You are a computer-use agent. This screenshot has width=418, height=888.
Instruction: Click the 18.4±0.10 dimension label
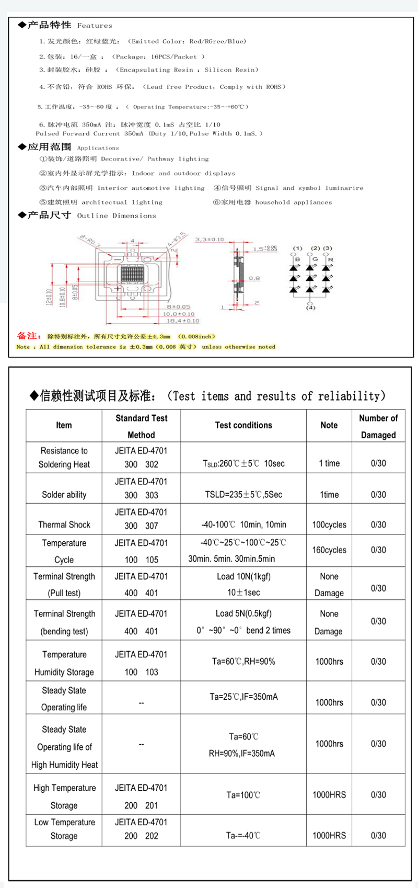pos(183,321)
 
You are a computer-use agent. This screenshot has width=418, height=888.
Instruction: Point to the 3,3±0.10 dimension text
pos(210,240)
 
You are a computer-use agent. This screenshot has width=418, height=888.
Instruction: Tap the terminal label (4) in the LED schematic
pos(310,308)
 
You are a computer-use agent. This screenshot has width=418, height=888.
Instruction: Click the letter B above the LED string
pos(298,259)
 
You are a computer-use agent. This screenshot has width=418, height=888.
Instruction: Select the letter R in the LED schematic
pos(330,259)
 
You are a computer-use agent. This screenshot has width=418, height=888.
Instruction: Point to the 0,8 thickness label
pos(254,278)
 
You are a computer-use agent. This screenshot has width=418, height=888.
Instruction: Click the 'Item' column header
pos(64,425)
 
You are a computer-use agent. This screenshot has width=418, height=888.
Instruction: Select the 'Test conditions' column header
pos(243,425)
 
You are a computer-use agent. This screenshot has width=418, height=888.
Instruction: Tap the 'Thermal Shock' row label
pos(64,525)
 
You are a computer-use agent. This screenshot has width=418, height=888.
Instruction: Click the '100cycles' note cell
pos(329,525)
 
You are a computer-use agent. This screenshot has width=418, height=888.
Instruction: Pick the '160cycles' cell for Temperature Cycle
pos(329,550)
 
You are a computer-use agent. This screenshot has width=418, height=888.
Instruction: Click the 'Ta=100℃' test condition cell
pos(243,795)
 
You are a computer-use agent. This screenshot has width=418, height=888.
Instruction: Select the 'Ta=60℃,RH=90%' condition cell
pos(243,662)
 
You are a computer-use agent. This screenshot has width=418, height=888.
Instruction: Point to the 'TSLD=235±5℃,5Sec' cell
pos(243,495)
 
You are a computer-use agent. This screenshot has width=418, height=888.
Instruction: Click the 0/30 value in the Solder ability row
pos(378,495)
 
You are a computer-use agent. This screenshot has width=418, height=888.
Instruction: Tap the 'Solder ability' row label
pos(64,495)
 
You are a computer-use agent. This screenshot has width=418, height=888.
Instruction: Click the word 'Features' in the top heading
pos(95,26)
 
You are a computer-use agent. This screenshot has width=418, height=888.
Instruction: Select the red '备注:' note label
pos(29,336)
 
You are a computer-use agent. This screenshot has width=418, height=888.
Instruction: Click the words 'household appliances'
pos(294,202)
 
